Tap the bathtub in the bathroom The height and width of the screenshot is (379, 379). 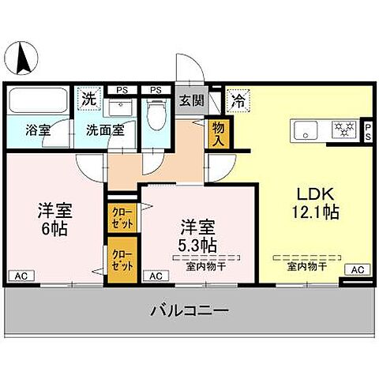point(39,102)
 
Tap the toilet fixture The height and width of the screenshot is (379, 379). point(156,115)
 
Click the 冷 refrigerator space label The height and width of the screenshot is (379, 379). point(236,100)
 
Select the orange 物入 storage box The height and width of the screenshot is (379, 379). point(218,134)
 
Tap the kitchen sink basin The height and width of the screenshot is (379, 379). point(306,129)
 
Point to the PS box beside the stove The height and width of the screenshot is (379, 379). point(368,130)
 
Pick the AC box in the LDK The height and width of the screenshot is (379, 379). point(358,269)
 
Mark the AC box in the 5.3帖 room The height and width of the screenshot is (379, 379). point(155,276)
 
